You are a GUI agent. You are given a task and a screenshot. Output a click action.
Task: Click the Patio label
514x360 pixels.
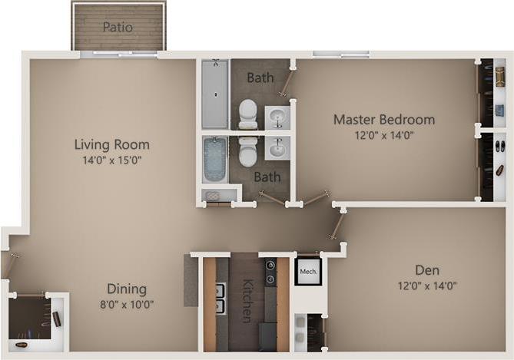(118, 27)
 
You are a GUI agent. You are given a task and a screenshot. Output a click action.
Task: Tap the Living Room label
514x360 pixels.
(111, 144)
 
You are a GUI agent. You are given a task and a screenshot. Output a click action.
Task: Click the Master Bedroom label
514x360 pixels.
(383, 120)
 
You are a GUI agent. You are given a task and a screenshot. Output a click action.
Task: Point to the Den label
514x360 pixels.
(426, 270)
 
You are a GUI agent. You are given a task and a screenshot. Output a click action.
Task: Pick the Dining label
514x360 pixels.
(126, 289)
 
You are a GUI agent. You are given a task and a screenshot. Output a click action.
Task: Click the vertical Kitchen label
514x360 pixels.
(247, 300)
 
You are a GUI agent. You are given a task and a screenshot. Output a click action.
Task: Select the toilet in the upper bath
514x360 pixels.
(247, 114)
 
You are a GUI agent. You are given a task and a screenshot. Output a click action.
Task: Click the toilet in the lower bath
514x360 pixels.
(247, 151)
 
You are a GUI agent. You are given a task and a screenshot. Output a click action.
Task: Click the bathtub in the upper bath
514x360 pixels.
(214, 94)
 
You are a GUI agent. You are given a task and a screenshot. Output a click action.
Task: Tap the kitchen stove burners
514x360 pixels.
(270, 273)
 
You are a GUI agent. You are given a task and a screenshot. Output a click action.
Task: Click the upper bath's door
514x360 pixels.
(288, 81)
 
